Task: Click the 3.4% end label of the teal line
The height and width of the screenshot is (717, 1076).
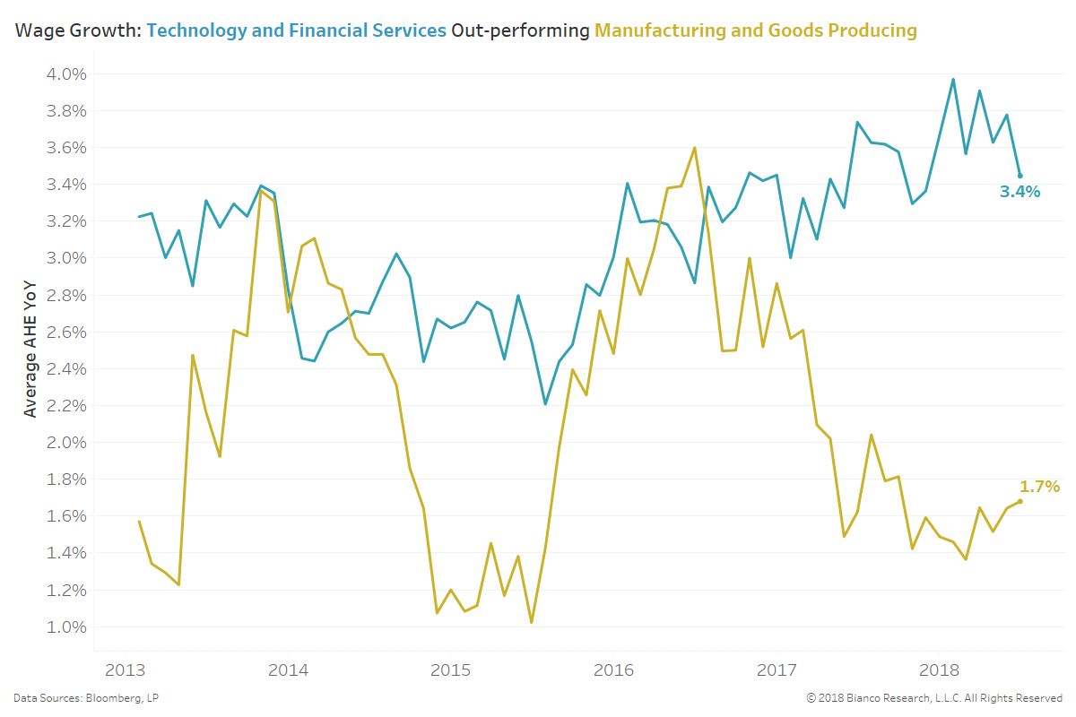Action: [1020, 192]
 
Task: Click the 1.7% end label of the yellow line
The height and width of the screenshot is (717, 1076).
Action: [1039, 487]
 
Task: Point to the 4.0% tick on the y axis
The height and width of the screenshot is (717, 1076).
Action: [65, 73]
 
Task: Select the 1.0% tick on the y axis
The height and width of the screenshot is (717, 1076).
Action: [65, 626]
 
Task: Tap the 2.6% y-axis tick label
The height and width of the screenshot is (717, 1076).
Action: [65, 332]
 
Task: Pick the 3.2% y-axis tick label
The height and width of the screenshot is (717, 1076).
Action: [65, 221]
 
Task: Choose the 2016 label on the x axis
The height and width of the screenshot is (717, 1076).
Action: [614, 670]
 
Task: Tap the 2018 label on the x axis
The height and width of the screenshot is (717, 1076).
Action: [941, 670]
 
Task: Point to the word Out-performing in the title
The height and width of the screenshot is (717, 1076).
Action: [520, 31]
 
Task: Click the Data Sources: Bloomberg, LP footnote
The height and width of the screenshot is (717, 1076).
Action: [86, 698]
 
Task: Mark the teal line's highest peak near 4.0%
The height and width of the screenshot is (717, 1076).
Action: [953, 79]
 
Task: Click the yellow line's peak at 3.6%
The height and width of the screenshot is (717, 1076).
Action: [695, 148]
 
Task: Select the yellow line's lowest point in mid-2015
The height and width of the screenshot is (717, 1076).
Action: [532, 622]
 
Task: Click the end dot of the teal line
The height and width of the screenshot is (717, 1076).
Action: [1020, 176]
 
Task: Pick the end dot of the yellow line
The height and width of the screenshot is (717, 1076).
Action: [1020, 501]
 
